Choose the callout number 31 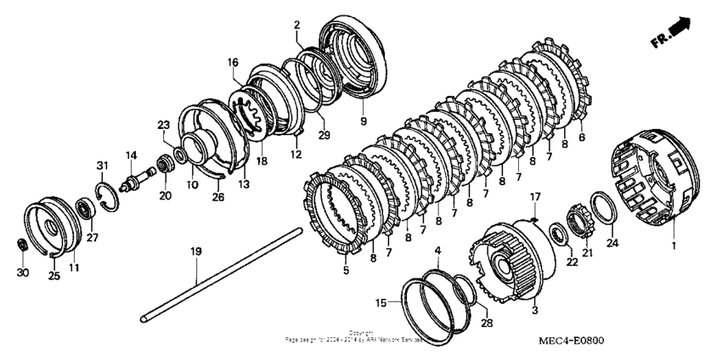click(x=101, y=165)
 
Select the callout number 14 click(x=132, y=155)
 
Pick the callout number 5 click(x=345, y=271)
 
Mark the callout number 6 click(x=581, y=136)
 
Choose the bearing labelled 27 click(x=86, y=207)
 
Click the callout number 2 click(x=296, y=25)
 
